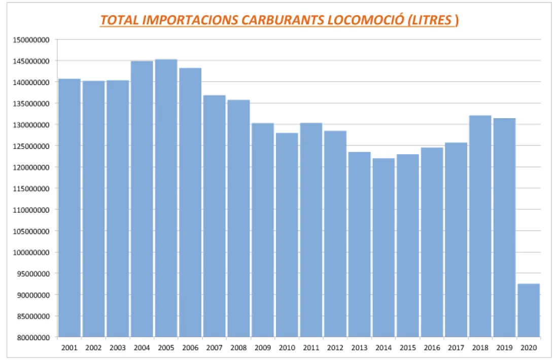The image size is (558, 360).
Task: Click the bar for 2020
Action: tap(528, 310)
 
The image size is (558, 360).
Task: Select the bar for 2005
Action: tap(166, 198)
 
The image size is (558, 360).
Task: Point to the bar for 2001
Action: tap(69, 208)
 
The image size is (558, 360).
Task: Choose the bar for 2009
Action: tap(262, 230)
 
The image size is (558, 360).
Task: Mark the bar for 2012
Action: tap(335, 234)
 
